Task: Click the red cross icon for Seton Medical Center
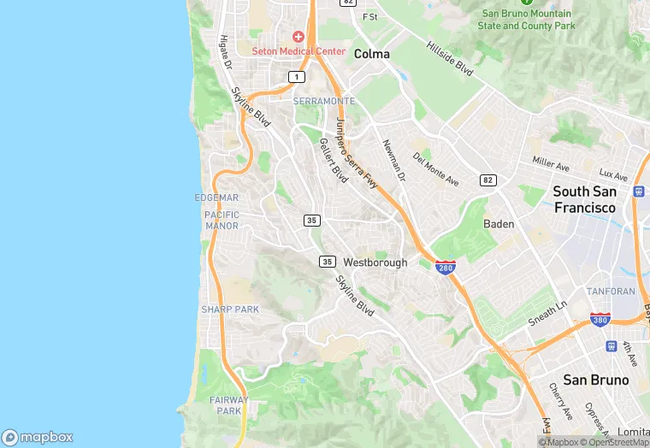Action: pos(298,37)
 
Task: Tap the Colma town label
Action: pos(372,54)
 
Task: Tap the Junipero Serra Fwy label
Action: pos(357,151)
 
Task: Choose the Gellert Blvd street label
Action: pos(334,160)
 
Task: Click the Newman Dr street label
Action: pos(393,160)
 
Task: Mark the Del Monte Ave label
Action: pos(435,169)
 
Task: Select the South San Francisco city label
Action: pos(585,199)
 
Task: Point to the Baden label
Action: pos(499,224)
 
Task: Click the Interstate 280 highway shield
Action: pos(445,268)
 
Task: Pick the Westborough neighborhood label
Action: pos(375,262)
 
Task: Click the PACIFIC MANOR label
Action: pos(222,221)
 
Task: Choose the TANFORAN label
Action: pos(611,292)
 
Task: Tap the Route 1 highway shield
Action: pos(296,77)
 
